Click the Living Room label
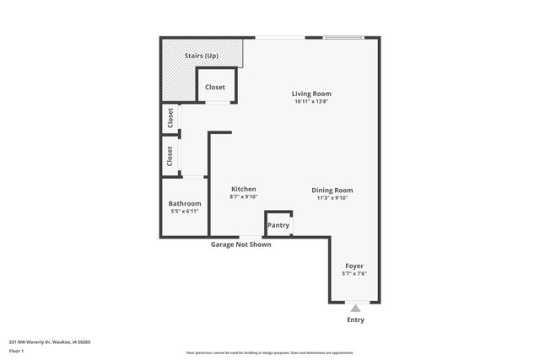311,94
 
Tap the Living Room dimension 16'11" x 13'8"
311,102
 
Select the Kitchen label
243,189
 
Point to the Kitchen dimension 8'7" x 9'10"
243,197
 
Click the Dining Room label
332,190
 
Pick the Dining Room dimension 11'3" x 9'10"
332,198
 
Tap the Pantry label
278,225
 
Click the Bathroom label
184,204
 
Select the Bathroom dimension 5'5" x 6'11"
184,212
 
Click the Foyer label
354,266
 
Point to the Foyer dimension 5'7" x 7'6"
354,274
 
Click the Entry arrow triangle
355,309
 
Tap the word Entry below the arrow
355,320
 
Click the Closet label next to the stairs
215,87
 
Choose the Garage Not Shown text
241,245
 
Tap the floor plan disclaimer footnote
270,352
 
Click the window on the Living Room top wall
344,37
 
